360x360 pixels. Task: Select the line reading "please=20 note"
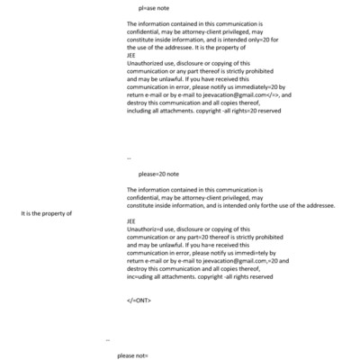pos(159,174)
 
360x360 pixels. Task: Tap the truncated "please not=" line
pos(132,355)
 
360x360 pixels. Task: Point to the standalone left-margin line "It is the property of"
pos(46,212)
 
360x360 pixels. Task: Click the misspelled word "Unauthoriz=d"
pos(148,229)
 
